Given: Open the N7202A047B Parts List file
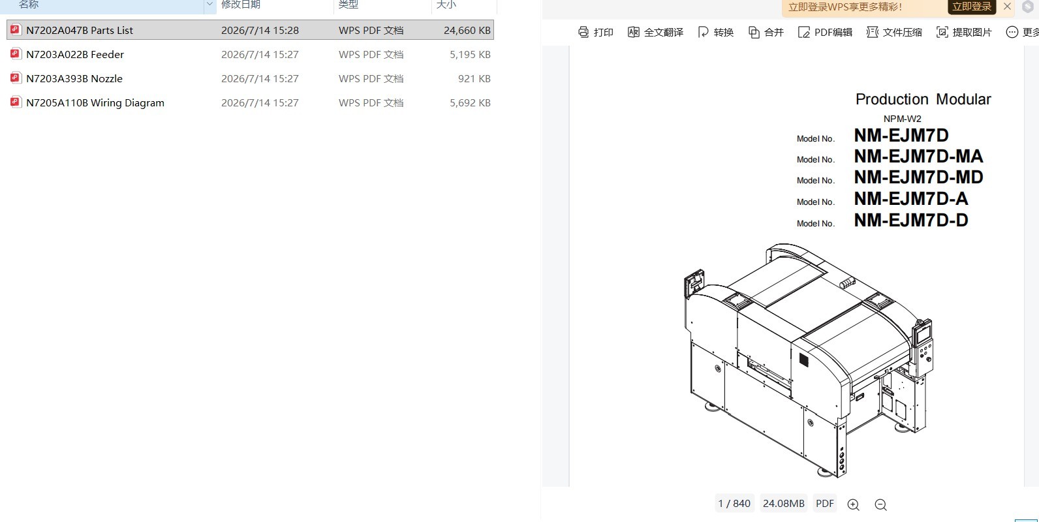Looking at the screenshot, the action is [x=80, y=30].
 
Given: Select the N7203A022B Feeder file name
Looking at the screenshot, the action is [x=75, y=54].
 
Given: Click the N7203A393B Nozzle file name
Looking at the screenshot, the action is [x=74, y=78].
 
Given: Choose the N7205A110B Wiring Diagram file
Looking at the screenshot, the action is [x=95, y=102].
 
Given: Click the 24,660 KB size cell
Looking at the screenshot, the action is [x=467, y=30].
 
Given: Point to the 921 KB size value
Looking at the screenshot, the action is [x=474, y=78].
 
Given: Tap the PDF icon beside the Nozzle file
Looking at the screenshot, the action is [x=15, y=78].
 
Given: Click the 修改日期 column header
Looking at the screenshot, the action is [x=240, y=5].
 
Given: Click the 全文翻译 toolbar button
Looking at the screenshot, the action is [x=655, y=32].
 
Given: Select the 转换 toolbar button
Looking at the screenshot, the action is [x=716, y=32].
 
